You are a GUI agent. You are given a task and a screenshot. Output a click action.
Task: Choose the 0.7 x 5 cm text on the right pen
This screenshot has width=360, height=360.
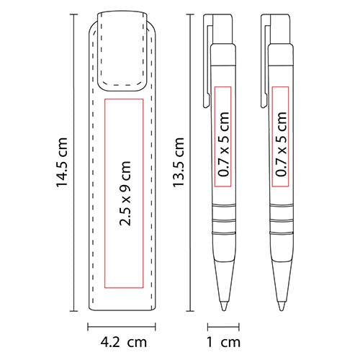tap(281, 144)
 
